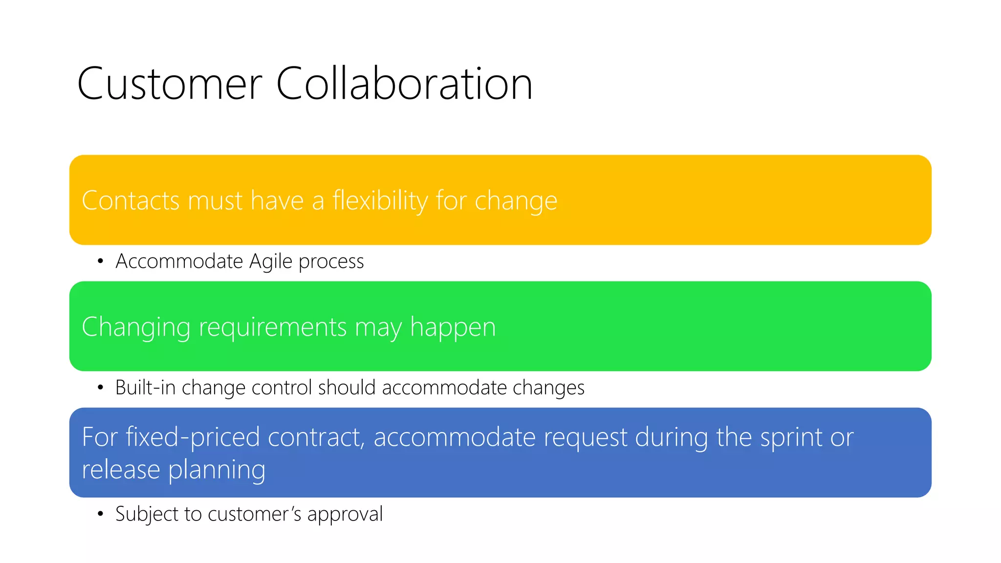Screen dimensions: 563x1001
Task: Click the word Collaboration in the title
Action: coord(404,84)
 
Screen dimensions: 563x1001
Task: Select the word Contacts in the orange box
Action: coord(131,200)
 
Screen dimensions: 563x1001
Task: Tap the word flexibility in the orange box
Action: coord(380,200)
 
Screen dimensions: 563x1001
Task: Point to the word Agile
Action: coord(271,261)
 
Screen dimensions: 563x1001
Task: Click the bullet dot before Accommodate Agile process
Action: coord(100,261)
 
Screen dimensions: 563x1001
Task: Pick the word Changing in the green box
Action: coord(136,327)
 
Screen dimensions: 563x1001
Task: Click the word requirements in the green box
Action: coord(273,327)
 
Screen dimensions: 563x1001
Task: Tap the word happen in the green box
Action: coord(453,327)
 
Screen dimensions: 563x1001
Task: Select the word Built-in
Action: coord(145,388)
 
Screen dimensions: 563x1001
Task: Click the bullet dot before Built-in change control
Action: coord(100,388)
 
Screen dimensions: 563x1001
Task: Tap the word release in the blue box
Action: coord(121,470)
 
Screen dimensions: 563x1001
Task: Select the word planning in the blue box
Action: coord(217,470)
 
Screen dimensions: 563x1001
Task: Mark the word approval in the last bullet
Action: coord(345,514)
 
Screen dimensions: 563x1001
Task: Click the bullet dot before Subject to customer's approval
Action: coord(100,514)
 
